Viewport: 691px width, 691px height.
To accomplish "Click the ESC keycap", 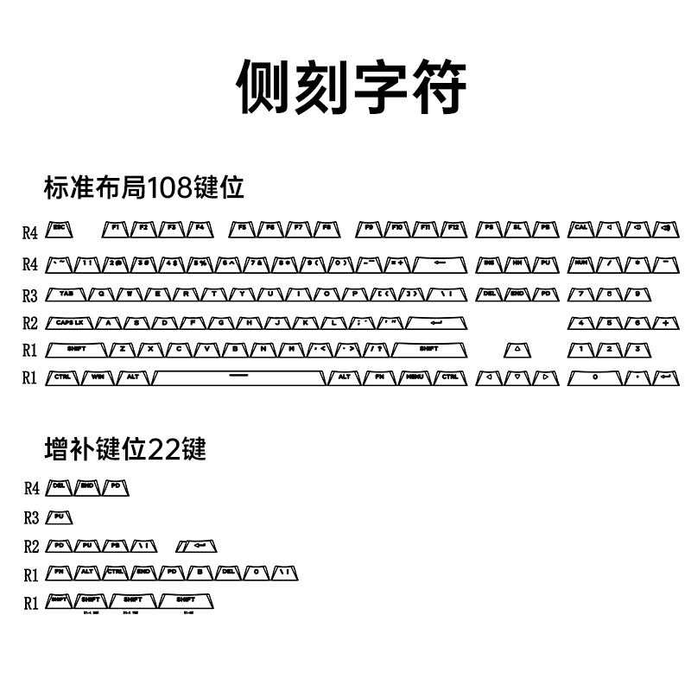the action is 60,228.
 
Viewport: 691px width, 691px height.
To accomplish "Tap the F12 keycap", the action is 453,228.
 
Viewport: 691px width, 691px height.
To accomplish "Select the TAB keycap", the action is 67,294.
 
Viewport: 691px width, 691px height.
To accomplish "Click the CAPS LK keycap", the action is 70,323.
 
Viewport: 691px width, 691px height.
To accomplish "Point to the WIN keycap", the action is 97,377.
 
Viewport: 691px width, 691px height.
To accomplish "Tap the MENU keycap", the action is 415,377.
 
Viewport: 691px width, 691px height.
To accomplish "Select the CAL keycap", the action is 581,228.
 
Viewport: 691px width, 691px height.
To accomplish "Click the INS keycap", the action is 489,262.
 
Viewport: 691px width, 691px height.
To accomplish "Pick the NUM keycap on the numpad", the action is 581,262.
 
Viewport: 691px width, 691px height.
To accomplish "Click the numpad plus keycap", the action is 666,323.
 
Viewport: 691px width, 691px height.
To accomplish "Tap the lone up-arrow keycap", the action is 517,350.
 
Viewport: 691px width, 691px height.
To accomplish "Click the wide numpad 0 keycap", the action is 595,377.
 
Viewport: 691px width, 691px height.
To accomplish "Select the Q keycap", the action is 102,294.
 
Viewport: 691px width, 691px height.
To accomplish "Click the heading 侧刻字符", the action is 352,87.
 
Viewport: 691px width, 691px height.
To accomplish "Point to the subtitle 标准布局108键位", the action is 144,187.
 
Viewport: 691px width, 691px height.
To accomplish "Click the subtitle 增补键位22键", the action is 126,449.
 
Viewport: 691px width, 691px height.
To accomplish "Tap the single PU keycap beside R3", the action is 59,517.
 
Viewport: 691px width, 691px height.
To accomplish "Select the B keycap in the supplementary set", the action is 200,572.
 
